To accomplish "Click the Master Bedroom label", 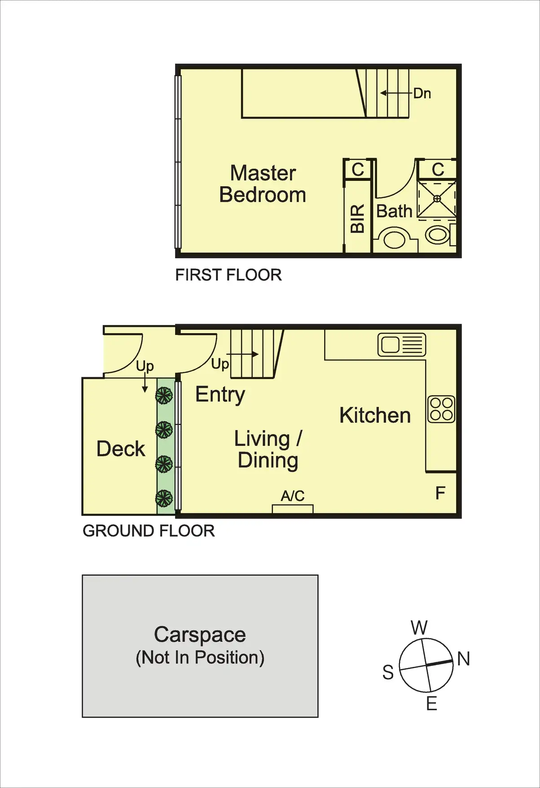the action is (263, 184).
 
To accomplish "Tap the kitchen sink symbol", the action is (402, 345).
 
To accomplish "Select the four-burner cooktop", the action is (441, 409).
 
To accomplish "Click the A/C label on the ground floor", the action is (293, 496).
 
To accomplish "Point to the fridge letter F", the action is (440, 493).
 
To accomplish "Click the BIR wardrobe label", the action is (357, 219).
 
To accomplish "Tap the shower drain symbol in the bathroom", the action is (437, 198).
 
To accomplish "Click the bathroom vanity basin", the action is (395, 238).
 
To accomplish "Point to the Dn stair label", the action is (422, 93).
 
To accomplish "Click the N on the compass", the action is (464, 659).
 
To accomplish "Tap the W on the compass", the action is (419, 627).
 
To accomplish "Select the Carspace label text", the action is (200, 634).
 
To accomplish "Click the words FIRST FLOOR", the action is (228, 275).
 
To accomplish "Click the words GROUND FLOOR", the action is (149, 531).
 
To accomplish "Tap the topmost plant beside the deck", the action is (164, 396).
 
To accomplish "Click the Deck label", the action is (121, 449).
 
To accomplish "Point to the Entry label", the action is (220, 395).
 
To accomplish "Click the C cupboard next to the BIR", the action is (358, 170).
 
